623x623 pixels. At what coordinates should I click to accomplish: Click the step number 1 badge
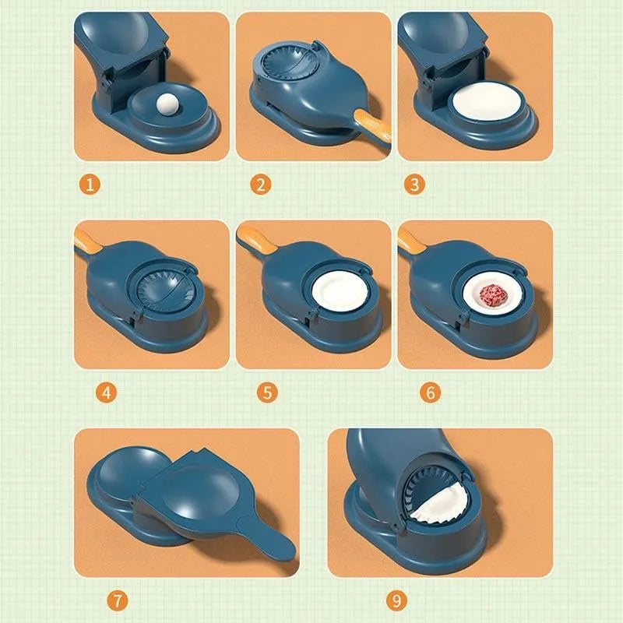tap(92, 185)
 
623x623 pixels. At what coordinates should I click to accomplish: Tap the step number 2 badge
tap(259, 185)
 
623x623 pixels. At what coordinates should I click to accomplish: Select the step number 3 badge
tap(414, 185)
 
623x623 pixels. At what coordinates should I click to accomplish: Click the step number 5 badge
tap(268, 392)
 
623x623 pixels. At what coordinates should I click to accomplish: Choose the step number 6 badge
tap(429, 392)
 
